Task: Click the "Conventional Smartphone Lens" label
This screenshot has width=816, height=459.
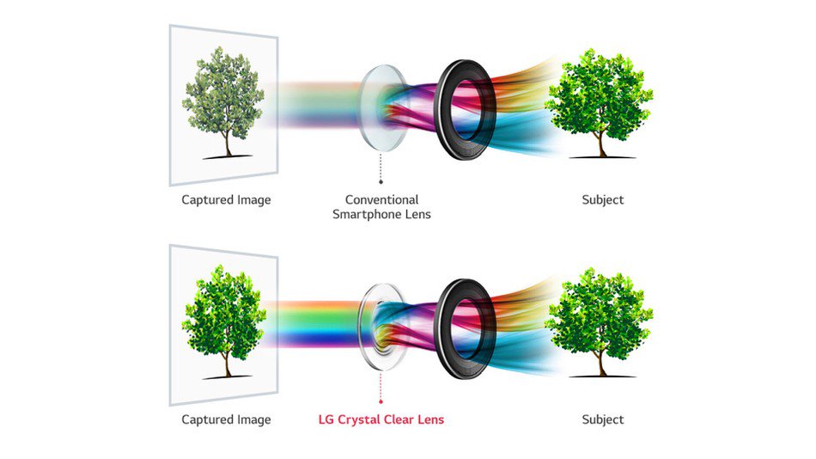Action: coord(381,206)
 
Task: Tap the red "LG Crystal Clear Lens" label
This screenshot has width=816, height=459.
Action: coord(381,420)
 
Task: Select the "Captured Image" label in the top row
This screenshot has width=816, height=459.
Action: coord(226,200)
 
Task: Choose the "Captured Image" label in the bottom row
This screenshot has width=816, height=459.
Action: coord(226,420)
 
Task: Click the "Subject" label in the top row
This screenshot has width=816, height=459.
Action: coord(602,200)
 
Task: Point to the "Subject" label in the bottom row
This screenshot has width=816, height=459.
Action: coord(602,420)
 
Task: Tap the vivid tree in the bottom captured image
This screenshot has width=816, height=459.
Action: coord(223,316)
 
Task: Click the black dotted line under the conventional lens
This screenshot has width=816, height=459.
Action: coord(381,168)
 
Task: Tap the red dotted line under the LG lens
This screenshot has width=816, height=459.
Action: coord(381,387)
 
